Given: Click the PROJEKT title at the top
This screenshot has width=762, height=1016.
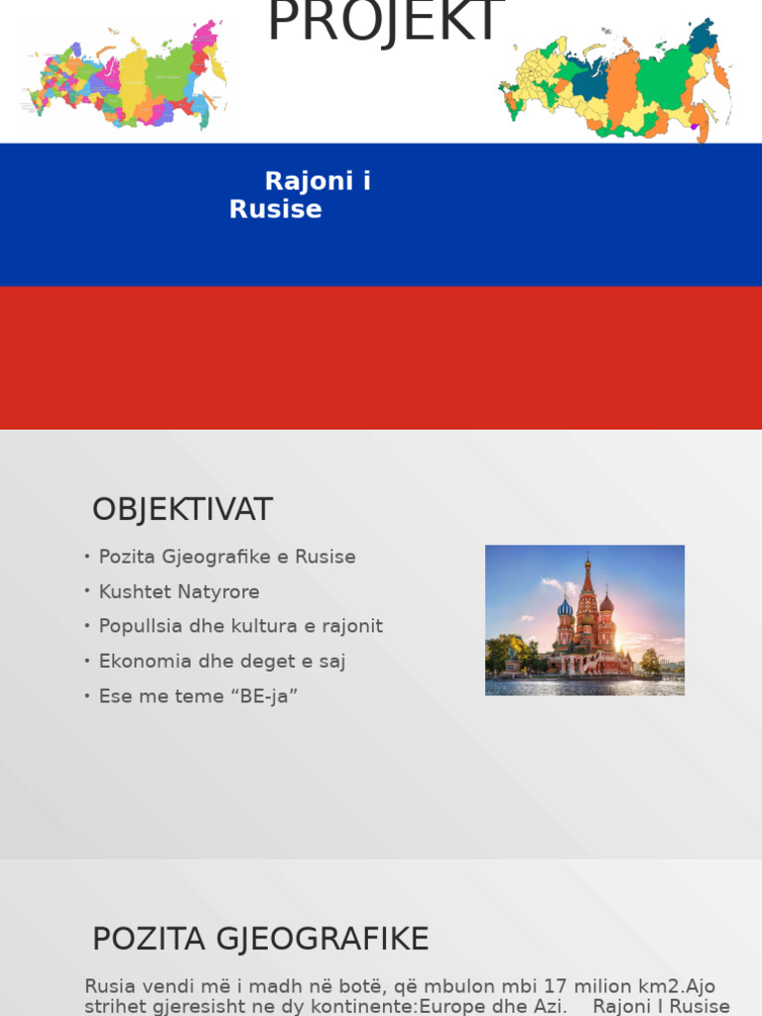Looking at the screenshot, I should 385,22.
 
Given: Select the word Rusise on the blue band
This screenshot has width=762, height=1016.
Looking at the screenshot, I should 275,209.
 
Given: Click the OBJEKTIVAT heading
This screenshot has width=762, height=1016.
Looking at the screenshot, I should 182,510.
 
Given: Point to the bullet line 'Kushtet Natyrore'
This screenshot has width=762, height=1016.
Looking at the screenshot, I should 179,592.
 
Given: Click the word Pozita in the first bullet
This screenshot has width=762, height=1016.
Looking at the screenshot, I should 125,558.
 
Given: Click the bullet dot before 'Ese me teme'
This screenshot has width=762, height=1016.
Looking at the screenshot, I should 87,696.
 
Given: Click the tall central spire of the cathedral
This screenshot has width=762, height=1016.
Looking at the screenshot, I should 586,595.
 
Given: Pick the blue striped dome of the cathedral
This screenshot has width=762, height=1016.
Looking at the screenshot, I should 566,608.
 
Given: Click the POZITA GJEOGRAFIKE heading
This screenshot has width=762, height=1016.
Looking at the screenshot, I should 260,939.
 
